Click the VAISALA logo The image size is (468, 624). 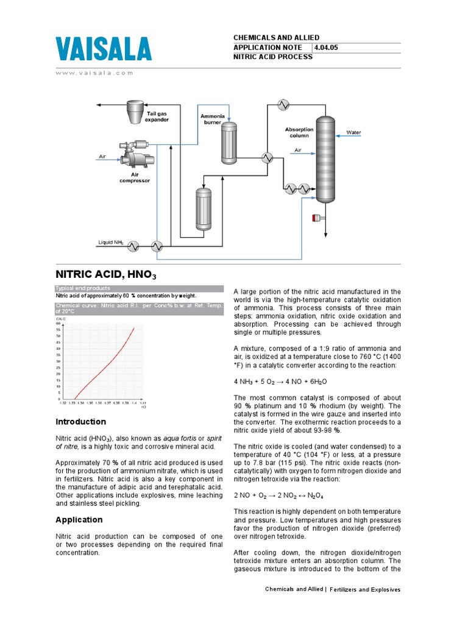tap(104, 49)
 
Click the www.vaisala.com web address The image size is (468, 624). tap(94, 73)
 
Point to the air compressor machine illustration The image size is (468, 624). tap(136, 155)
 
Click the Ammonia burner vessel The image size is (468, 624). tap(229, 143)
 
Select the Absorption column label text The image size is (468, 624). tap(299, 132)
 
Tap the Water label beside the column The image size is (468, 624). tap(353, 132)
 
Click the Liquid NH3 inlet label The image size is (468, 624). tap(111, 243)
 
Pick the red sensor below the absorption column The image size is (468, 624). tap(316, 218)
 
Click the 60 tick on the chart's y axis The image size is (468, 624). tap(58, 323)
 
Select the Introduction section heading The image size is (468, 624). tap(80, 422)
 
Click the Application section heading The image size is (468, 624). tap(79, 520)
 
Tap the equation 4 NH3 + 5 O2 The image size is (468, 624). tap(280, 381)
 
